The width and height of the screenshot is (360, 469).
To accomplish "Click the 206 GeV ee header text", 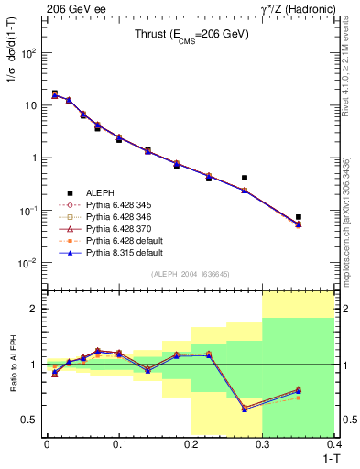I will tap(71, 8).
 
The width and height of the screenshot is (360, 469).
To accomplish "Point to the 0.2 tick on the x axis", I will tap(191, 443).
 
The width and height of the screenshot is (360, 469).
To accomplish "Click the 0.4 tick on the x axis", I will tap(334, 443).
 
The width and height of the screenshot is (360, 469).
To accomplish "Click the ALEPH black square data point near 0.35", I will tap(299, 217).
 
